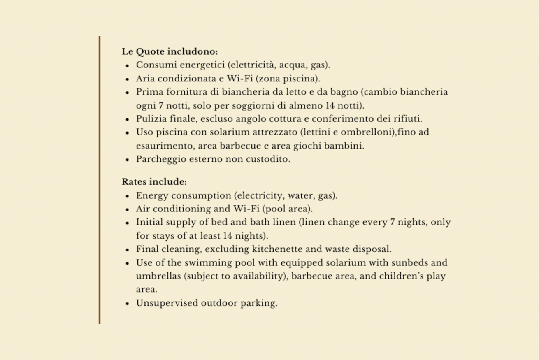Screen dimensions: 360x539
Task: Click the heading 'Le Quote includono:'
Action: [x=170, y=52]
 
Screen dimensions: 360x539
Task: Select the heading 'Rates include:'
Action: [x=154, y=182]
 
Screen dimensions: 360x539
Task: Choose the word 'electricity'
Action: [x=260, y=195]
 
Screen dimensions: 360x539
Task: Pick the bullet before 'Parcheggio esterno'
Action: [x=128, y=160]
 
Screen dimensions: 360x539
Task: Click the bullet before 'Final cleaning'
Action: [x=128, y=250]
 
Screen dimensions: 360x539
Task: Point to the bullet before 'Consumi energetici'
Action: [x=128, y=65]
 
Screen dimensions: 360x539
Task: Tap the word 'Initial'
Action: [x=150, y=222]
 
